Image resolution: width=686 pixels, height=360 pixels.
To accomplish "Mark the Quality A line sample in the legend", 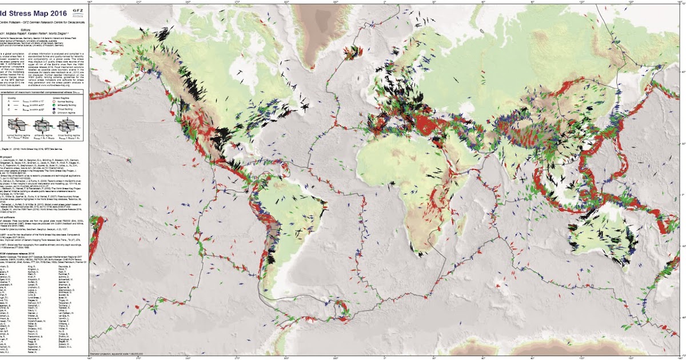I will pyautogui.click(x=22, y=100).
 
